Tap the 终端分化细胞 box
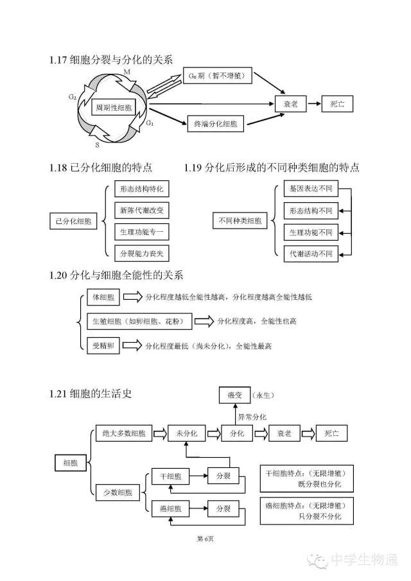point(215,124)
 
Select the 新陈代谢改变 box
point(141,210)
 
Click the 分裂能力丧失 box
point(141,253)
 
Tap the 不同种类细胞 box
point(240,221)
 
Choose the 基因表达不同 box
point(311,189)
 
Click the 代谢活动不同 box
point(311,253)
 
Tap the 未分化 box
point(187,433)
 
